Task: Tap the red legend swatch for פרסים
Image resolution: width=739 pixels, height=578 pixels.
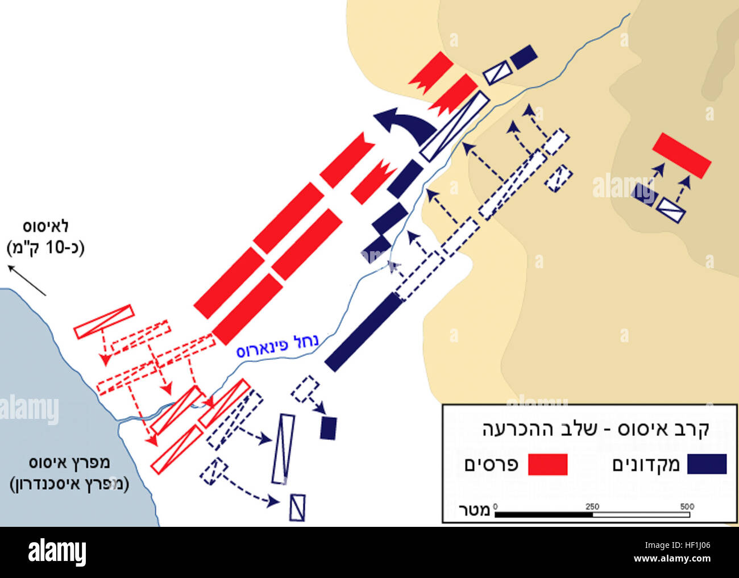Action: tap(547, 464)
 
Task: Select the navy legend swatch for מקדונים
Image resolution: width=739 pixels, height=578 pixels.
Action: tap(707, 464)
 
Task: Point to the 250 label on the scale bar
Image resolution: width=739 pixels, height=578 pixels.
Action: tap(592, 506)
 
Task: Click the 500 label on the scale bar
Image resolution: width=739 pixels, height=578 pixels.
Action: tap(687, 506)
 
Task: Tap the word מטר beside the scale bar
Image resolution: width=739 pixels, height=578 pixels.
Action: tap(474, 510)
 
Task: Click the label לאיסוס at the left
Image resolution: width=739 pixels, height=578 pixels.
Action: tap(45, 227)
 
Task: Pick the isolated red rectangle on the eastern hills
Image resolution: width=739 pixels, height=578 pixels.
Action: tap(682, 155)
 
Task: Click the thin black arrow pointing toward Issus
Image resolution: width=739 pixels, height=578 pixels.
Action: tap(26, 280)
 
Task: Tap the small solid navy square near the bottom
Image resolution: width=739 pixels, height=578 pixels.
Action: tap(329, 428)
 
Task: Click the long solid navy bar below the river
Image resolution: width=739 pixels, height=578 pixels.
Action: tap(364, 331)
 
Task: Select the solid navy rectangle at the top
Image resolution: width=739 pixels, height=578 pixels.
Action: tap(524, 57)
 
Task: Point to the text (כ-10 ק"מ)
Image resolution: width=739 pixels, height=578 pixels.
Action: tap(45, 248)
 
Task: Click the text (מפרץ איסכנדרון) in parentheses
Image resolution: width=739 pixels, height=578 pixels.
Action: tap(69, 484)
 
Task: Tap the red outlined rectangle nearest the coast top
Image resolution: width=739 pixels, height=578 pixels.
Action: tap(103, 322)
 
